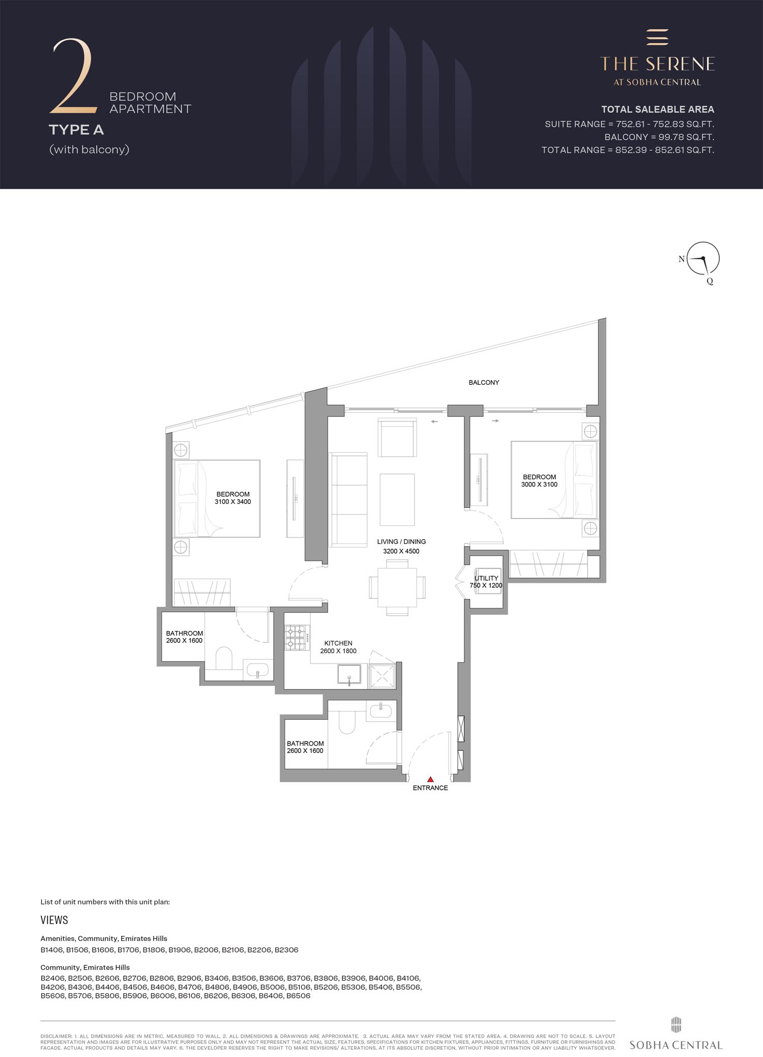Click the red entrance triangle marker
pos(430,779)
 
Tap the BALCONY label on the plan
pos(484,382)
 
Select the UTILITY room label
pos(486,579)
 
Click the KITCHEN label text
pos(338,643)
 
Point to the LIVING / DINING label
pos(401,541)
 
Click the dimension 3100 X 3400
pos(233,502)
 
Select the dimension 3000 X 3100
pos(539,484)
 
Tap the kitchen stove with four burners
pos(297,638)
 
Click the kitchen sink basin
pos(349,674)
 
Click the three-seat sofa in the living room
pos(349,500)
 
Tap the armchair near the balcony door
pos(397,438)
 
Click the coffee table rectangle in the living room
pos(397,499)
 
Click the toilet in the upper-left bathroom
pos(224,658)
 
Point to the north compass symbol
pos(703,259)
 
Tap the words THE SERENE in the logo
pos(657,64)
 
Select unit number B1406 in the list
pos(52,950)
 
